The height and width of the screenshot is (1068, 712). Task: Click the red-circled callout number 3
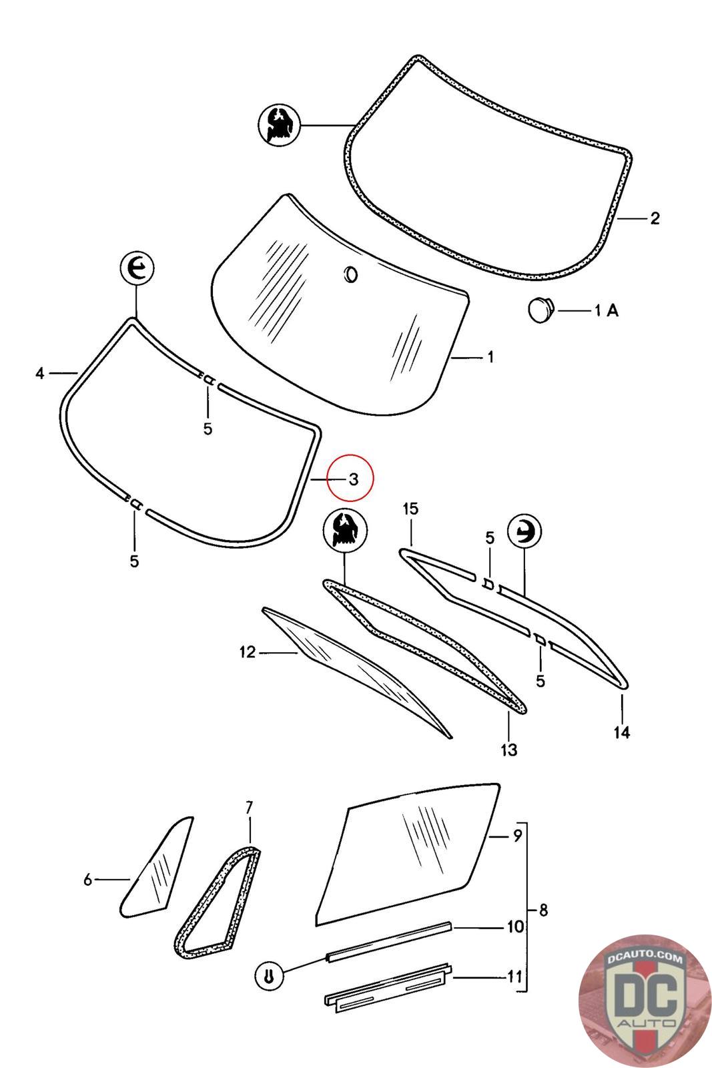(x=353, y=479)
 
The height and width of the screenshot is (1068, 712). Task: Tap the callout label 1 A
(x=606, y=310)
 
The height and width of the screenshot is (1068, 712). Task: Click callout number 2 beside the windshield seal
(x=654, y=218)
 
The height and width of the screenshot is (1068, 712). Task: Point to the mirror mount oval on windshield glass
(x=350, y=274)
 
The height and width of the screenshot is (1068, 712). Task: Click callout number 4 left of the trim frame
(x=40, y=373)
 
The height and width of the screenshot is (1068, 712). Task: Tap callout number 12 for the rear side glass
(x=248, y=652)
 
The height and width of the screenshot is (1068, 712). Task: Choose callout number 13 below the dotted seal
(x=508, y=750)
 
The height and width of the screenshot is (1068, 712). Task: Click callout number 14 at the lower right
(x=621, y=732)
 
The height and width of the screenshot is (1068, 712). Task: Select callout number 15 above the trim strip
(x=410, y=509)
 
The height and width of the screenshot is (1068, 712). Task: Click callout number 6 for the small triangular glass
(x=88, y=880)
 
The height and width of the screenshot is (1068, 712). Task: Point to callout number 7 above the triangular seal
(x=249, y=808)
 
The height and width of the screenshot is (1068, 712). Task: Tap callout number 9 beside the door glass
(x=517, y=836)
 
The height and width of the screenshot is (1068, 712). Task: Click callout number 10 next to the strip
(x=515, y=926)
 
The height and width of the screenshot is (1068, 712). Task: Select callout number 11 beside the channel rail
(x=514, y=977)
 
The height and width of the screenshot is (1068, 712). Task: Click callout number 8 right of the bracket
(x=543, y=910)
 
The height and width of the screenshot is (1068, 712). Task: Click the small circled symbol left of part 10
(x=268, y=976)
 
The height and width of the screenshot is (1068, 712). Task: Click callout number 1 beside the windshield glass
(x=490, y=357)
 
